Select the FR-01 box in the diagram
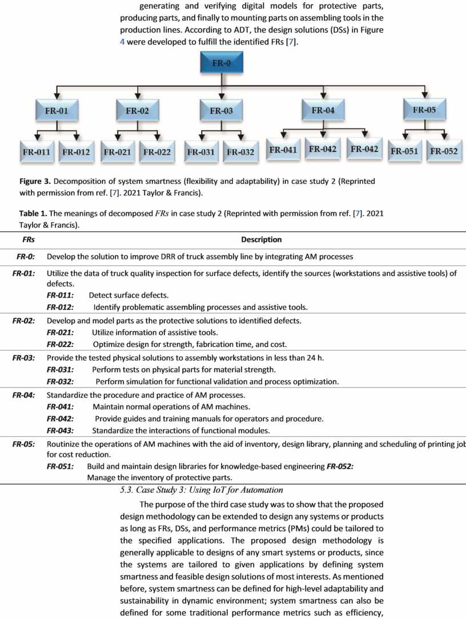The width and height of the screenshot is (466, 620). point(56,111)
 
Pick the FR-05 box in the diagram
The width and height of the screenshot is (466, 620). point(424,110)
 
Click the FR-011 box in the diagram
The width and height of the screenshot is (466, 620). point(37,152)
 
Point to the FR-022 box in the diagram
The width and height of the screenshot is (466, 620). point(157,152)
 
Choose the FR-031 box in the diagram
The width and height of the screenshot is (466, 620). point(200,152)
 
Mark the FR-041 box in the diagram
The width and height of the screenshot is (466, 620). point(283,150)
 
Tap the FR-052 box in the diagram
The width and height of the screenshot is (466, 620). point(444,151)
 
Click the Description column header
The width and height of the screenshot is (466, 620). point(261,240)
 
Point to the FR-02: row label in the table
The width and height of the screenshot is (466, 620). point(24,321)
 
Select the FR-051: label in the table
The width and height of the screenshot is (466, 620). point(61,466)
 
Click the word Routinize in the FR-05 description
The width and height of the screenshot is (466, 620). point(66,444)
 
